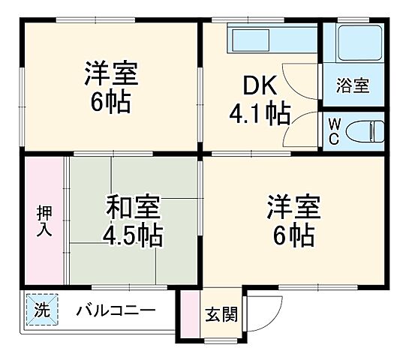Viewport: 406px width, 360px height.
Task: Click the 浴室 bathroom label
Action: (352, 85)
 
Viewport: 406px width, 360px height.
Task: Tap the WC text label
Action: (334, 132)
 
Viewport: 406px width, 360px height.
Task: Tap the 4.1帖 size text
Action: (260, 115)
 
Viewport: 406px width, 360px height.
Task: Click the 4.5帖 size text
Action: (132, 235)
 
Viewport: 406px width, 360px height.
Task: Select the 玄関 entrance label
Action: (220, 314)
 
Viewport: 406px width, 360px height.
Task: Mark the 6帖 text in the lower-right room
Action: (293, 235)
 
